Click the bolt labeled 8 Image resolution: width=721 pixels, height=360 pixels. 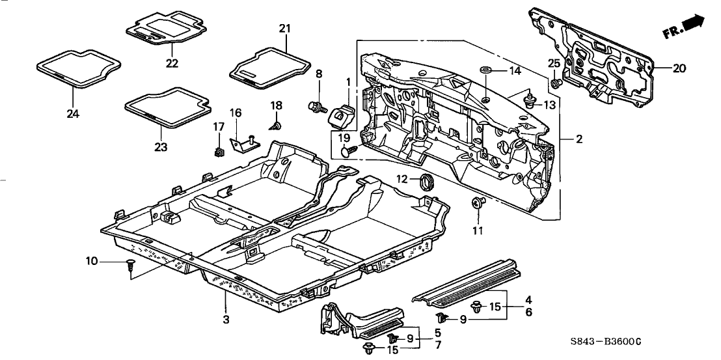point(318,105)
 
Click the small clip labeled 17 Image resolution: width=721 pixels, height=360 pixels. point(217,153)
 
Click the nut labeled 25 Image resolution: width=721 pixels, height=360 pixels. point(554,84)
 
